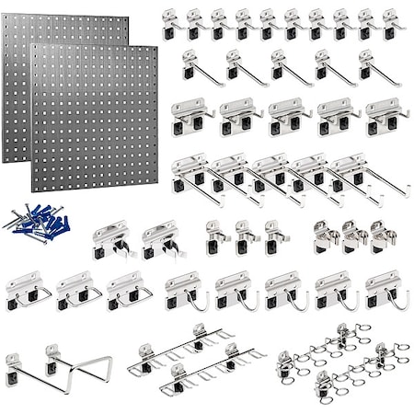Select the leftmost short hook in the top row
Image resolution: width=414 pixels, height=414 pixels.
coord(169,24)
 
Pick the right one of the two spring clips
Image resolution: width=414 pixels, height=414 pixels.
coord(163,238)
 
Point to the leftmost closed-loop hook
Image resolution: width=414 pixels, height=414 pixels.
coord(28,290)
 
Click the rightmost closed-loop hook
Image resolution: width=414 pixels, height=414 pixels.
coord(129,290)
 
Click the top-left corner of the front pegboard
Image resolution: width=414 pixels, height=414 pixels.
coord(34,48)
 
